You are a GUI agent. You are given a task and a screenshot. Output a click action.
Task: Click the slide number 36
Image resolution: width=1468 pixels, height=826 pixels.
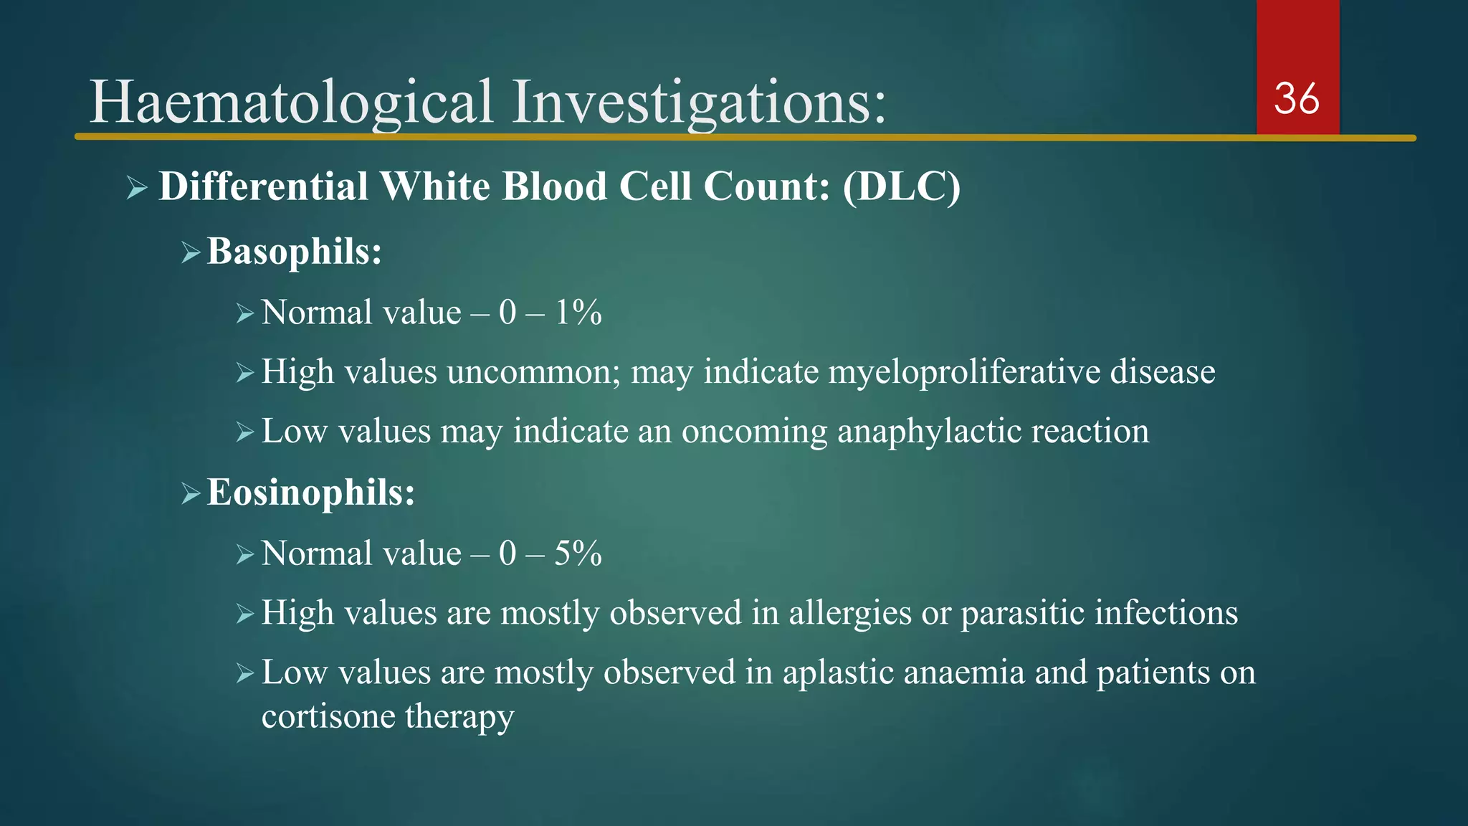click(x=1296, y=99)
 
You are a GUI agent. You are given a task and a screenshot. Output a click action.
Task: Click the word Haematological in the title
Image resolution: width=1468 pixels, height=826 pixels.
click(x=290, y=102)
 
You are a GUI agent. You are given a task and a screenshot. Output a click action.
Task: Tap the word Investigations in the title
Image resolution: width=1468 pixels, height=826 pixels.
click(x=698, y=102)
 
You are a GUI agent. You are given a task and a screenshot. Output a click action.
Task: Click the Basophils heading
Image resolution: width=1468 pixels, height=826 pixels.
click(x=294, y=252)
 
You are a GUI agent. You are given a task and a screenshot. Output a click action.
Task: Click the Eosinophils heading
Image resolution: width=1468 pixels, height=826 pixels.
click(x=310, y=493)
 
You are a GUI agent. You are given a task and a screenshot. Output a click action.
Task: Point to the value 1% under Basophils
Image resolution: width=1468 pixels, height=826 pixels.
click(x=578, y=313)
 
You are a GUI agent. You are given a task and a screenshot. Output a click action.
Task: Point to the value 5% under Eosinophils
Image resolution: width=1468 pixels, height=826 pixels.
click(x=578, y=554)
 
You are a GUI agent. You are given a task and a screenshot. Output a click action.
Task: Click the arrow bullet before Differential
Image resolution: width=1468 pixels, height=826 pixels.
click(x=136, y=189)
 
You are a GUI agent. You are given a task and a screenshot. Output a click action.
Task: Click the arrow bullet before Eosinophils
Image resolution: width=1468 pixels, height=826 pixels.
click(x=190, y=494)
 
